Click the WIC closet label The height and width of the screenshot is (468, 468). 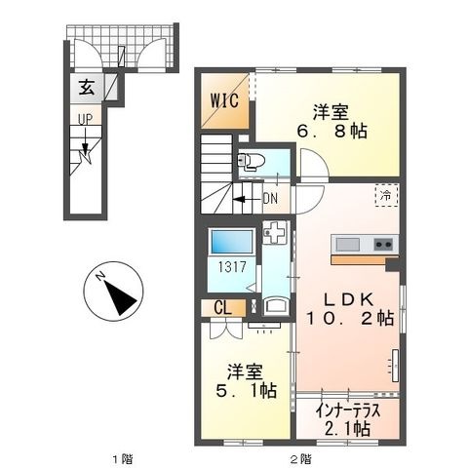point(224,100)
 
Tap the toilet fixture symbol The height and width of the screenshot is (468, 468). point(251,162)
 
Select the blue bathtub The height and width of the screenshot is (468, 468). point(232,241)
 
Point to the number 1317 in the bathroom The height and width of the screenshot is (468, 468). point(232,267)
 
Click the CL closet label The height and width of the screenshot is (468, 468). point(223,307)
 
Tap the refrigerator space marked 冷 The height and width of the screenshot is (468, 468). point(387,195)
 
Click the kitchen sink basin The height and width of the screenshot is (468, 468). point(347,245)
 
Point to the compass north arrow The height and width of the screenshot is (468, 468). point(119,296)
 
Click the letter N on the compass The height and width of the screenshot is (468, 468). point(100,276)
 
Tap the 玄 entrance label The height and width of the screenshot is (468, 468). point(87,87)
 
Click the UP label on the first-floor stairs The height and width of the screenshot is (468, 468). point(85,119)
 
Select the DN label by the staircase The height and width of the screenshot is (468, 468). point(270,198)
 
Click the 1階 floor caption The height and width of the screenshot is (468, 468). point(122,459)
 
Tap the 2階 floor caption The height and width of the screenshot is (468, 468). point(300,459)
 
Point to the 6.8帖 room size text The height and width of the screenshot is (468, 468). point(331,132)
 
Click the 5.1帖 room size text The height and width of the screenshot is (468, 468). point(247,390)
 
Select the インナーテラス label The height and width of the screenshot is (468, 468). point(348,411)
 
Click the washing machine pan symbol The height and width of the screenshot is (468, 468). point(275,232)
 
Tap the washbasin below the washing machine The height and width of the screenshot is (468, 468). point(275,306)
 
